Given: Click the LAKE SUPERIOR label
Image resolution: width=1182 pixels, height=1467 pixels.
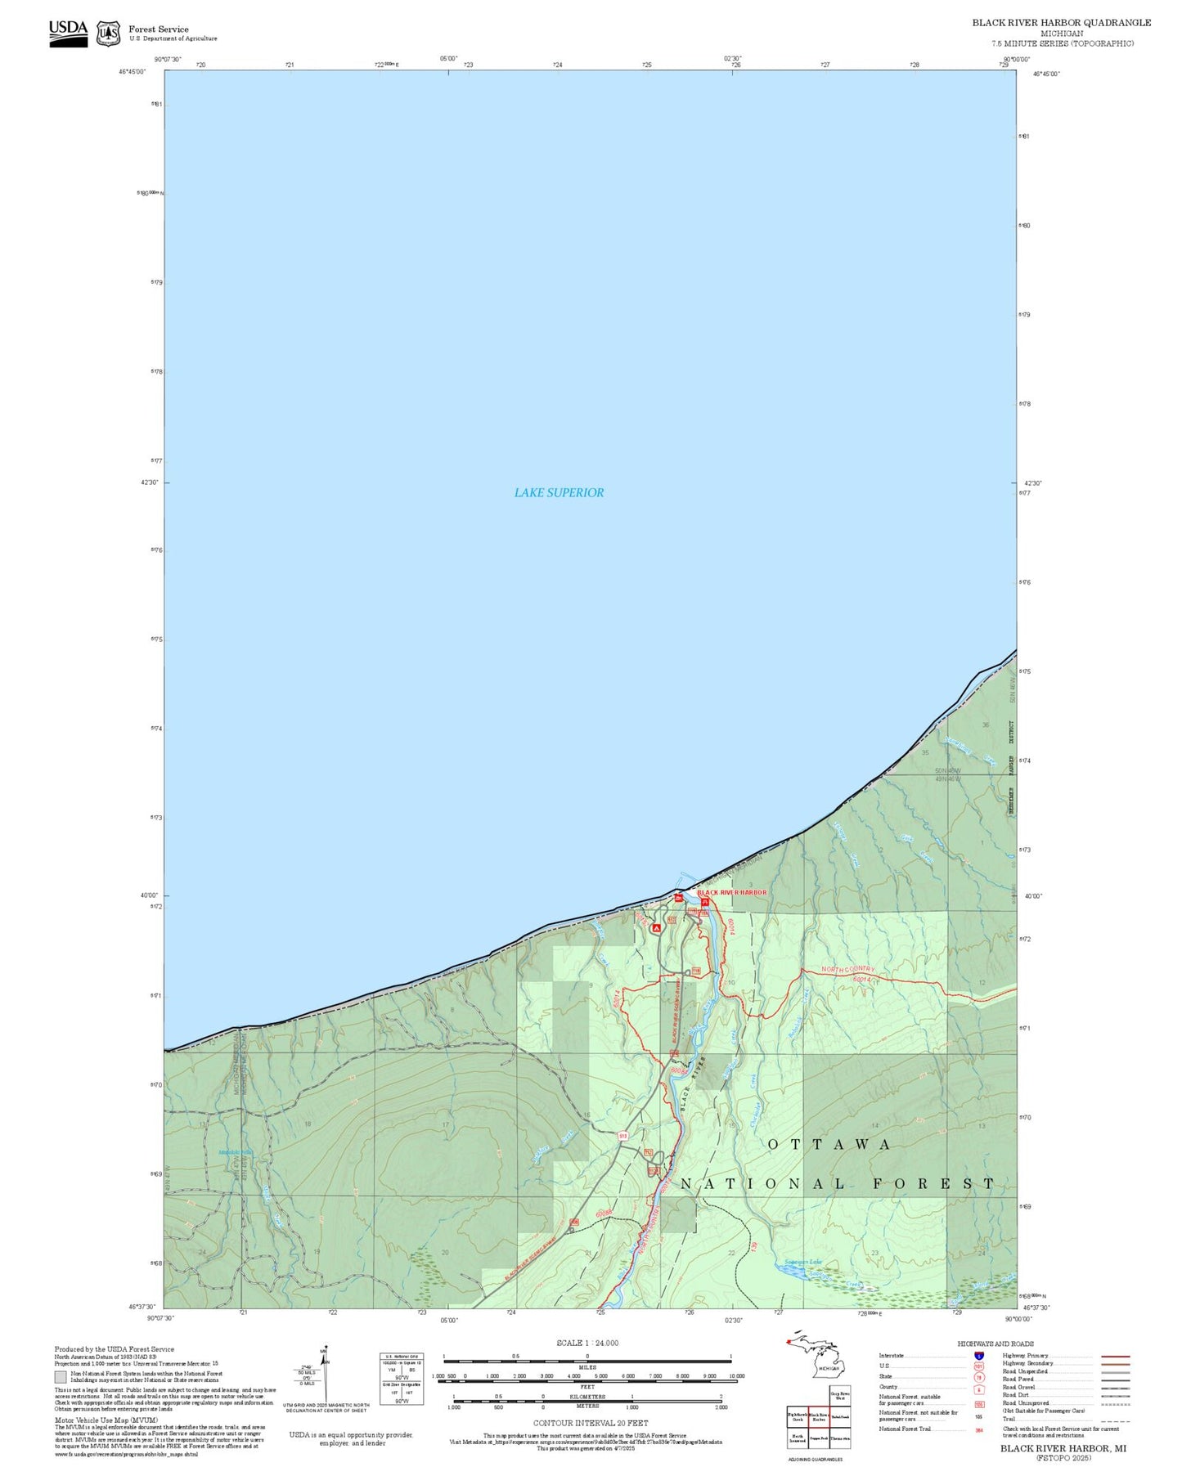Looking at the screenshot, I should click(559, 492).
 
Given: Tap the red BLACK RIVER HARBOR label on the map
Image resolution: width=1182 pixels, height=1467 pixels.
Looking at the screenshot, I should click(732, 892).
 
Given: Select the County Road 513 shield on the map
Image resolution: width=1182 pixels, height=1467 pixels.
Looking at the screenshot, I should click(622, 1136).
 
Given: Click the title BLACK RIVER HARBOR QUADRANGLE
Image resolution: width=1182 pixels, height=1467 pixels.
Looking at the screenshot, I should click(1061, 22).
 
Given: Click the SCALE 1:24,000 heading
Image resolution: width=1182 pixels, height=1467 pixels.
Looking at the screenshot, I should click(587, 1343).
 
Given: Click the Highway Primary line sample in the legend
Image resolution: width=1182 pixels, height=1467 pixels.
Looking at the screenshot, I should click(1116, 1356).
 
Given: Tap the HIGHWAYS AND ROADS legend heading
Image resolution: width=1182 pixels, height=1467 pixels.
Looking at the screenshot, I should click(995, 1344).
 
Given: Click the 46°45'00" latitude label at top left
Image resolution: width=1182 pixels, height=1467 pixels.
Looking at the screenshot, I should click(132, 72).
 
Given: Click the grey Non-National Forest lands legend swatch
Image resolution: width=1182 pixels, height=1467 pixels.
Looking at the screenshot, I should click(61, 1376).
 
